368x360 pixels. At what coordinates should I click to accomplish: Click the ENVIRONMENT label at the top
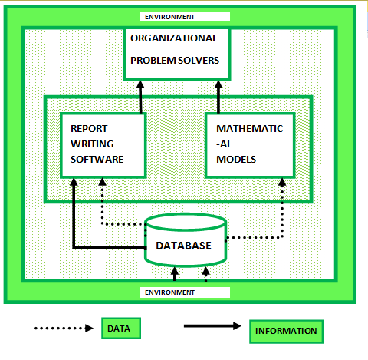(x=170, y=16)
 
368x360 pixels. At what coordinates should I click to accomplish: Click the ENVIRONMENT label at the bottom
(x=170, y=292)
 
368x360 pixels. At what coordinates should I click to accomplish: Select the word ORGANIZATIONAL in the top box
(x=173, y=38)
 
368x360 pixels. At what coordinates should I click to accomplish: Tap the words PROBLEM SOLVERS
(x=174, y=59)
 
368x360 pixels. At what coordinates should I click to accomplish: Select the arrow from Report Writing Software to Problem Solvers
(x=141, y=96)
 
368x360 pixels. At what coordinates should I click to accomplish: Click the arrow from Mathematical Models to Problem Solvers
(x=218, y=96)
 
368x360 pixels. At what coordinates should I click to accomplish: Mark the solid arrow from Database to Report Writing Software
(x=74, y=223)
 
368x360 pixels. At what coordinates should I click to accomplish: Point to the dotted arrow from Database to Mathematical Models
(x=283, y=215)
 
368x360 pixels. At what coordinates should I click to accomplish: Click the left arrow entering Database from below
(x=174, y=273)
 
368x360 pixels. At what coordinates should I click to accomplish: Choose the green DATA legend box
(x=118, y=329)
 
